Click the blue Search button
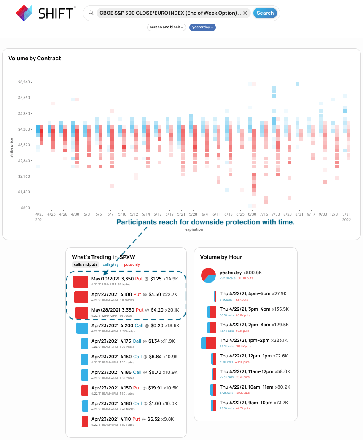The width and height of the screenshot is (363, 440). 265,13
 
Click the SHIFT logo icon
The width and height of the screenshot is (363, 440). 24,13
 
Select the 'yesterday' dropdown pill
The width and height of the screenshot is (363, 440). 202,27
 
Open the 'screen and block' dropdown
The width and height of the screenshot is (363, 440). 167,27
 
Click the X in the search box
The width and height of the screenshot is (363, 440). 245,13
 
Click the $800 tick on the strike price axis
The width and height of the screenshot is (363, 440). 26,208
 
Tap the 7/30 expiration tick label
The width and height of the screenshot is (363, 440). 276,214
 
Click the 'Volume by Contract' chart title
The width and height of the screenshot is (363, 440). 35,59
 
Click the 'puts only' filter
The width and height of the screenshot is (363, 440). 132,264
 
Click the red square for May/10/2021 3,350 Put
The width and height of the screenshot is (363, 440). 80,282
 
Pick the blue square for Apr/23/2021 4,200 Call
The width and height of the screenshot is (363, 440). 82,328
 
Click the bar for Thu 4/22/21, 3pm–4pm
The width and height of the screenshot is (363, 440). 211,312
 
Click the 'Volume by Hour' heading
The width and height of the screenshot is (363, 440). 221,257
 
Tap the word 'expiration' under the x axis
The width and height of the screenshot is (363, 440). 194,229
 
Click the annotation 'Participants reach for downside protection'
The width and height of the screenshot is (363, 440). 205,222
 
